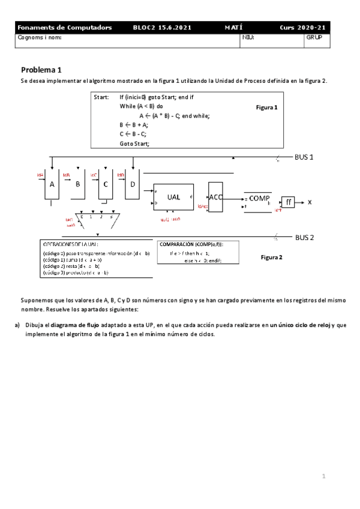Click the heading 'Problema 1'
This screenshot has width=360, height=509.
(x=41, y=69)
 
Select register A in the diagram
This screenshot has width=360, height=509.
(x=52, y=185)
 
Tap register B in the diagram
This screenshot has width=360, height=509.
(x=77, y=185)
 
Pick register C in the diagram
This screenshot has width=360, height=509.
(x=105, y=185)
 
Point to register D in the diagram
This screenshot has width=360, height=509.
(x=133, y=185)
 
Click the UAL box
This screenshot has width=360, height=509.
(x=173, y=196)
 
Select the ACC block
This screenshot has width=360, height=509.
(x=216, y=196)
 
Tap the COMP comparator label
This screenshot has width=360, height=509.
(x=260, y=197)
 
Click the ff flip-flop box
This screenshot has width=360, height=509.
(x=289, y=202)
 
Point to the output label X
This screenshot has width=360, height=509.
(x=310, y=202)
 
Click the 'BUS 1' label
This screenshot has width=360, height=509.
(x=305, y=157)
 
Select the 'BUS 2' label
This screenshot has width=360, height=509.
(x=305, y=238)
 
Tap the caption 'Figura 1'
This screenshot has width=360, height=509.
(x=267, y=107)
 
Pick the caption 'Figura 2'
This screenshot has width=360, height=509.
(x=272, y=257)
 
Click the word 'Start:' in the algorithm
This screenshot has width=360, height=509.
(x=101, y=96)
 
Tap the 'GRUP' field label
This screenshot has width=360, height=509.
(x=314, y=37)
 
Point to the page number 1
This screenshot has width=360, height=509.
(x=323, y=477)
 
